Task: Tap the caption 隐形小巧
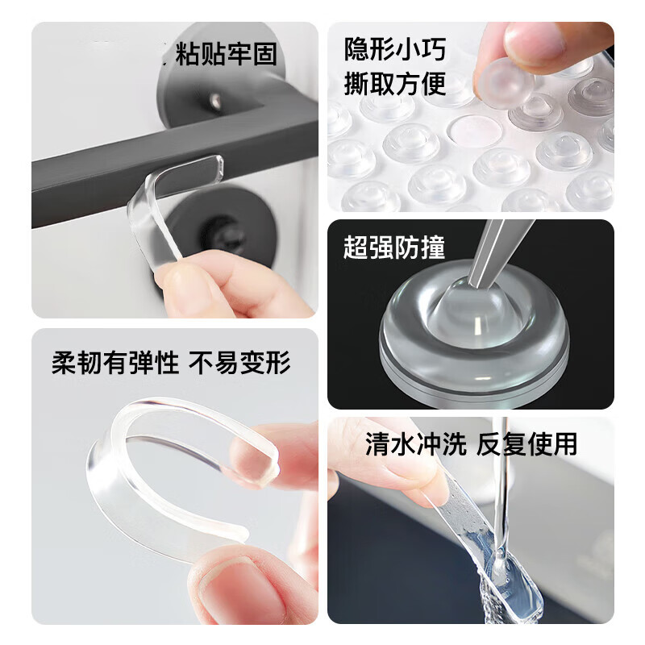tap(394, 49)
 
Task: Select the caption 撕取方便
tap(394, 83)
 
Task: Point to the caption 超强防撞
tap(394, 247)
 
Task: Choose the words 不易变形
tap(239, 363)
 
